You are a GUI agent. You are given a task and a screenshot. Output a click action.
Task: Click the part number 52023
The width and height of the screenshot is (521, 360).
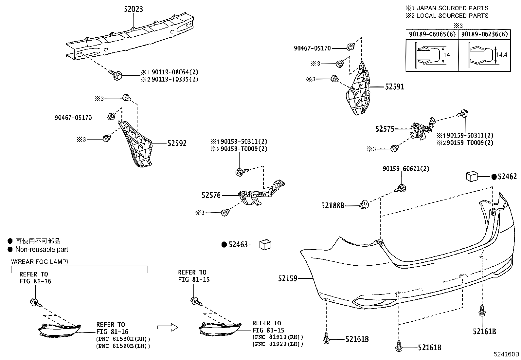[133, 9]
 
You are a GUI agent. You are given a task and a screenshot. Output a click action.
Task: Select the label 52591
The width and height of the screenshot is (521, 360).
[394, 87]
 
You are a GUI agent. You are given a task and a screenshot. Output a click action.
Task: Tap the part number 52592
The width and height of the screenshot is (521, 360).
[177, 143]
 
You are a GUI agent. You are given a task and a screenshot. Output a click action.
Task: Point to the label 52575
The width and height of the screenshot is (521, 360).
[385, 129]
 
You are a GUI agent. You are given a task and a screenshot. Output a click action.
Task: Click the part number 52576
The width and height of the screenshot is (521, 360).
[211, 195]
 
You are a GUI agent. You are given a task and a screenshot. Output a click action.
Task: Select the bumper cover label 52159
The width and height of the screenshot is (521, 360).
[288, 278]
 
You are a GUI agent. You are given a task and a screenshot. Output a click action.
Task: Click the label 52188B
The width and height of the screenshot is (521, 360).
[332, 205]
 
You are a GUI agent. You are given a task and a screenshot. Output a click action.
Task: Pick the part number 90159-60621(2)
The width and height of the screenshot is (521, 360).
[406, 169]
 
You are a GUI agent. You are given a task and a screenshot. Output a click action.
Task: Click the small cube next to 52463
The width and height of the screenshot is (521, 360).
[265, 244]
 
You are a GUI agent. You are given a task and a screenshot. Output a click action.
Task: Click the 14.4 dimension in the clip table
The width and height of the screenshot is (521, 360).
[501, 55]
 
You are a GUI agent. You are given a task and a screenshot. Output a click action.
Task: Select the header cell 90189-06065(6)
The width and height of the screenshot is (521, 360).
[432, 34]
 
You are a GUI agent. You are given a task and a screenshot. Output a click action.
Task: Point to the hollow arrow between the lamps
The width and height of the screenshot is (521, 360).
[167, 327]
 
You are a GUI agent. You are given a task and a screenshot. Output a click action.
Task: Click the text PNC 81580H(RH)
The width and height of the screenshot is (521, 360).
[123, 338]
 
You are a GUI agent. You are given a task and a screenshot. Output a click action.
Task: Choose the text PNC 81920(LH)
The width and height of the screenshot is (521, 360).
[278, 344]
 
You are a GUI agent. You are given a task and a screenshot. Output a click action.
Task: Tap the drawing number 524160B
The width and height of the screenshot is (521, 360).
[507, 354]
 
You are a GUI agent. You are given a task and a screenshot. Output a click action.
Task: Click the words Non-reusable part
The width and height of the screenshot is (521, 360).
[42, 249]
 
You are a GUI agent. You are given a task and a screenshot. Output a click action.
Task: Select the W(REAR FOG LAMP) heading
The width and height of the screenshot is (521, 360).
[40, 261]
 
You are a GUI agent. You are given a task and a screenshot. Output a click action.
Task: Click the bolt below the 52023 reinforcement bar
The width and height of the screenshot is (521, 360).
[116, 74]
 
